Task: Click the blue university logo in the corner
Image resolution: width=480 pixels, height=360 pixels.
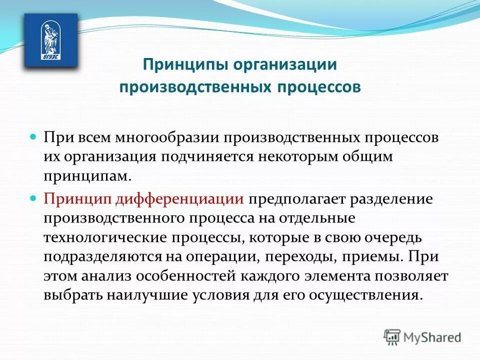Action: tap(51, 39)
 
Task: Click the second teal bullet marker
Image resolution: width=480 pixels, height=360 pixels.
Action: tap(34, 198)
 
